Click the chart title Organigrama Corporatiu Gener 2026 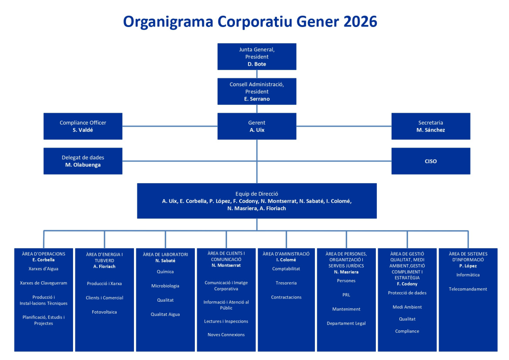250,21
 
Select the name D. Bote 257,64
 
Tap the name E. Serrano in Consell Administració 257,99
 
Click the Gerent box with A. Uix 257,126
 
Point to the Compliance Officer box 83,126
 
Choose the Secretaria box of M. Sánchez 431,126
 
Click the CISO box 431,161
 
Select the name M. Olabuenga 83,165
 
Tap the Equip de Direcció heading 257,194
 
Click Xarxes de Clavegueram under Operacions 44,283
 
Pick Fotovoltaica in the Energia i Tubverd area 104,312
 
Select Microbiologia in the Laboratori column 165,286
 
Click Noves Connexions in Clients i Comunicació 226,335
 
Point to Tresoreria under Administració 286,283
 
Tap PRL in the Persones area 346,295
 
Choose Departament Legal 346,323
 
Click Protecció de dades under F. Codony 407,293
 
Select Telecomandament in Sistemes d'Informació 468,289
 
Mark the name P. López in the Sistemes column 468,266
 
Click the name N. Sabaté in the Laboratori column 165,260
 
